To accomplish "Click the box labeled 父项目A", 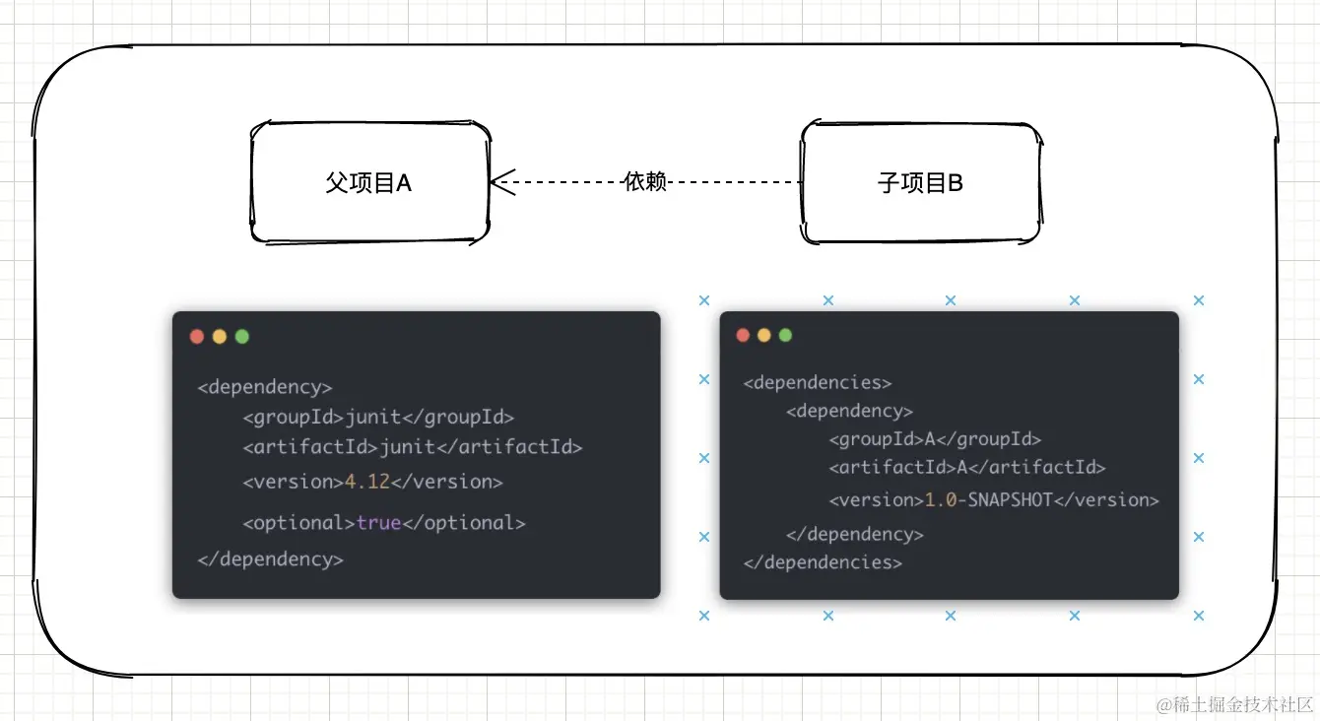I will (x=369, y=182).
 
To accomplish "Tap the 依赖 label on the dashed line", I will (x=645, y=181).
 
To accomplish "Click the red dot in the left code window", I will (x=197, y=337).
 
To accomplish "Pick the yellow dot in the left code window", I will (x=220, y=337).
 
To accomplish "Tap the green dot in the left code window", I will (x=242, y=337).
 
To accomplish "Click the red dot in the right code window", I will (x=744, y=335).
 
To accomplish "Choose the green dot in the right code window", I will (x=785, y=335).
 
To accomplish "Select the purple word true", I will (x=378, y=523).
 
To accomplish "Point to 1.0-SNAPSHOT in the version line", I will (x=988, y=500).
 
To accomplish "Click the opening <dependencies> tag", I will (x=818, y=382).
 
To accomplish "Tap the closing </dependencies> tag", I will (x=823, y=562).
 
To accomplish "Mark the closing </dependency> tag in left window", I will (x=270, y=559).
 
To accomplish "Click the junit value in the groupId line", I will (x=373, y=418).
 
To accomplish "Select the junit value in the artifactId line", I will (x=407, y=447).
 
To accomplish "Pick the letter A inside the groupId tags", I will (x=929, y=439).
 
